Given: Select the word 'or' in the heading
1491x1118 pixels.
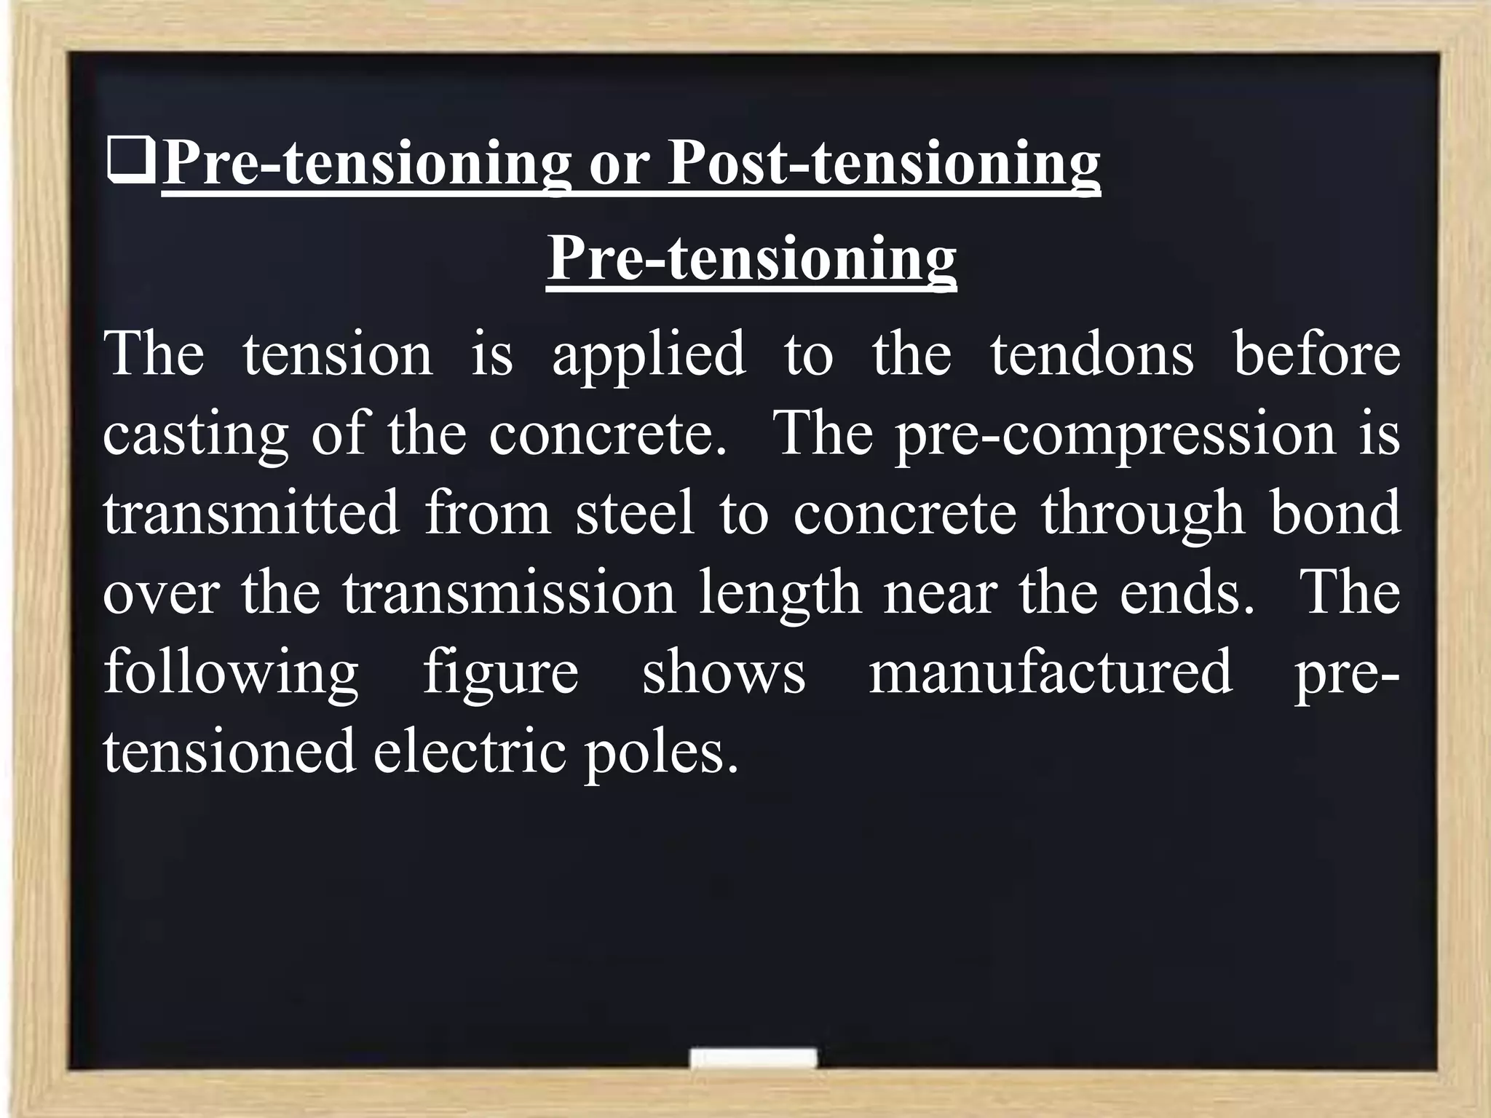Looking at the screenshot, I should pyautogui.click(x=619, y=164).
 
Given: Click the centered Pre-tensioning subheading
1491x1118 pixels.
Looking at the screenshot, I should pyautogui.click(x=751, y=259).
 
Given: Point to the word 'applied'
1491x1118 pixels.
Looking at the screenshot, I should pyautogui.click(x=649, y=354).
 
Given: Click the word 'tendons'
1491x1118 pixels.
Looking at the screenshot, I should pyautogui.click(x=1091, y=354).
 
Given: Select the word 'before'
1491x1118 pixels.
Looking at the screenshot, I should pyautogui.click(x=1316, y=354).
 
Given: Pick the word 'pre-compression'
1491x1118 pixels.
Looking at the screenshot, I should pyautogui.click(x=1115, y=435).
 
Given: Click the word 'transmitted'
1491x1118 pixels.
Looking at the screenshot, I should pyautogui.click(x=251, y=513).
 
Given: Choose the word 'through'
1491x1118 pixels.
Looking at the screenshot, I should pyautogui.click(x=1142, y=513).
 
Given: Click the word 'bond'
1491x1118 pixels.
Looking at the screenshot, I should pyautogui.click(x=1335, y=513).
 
